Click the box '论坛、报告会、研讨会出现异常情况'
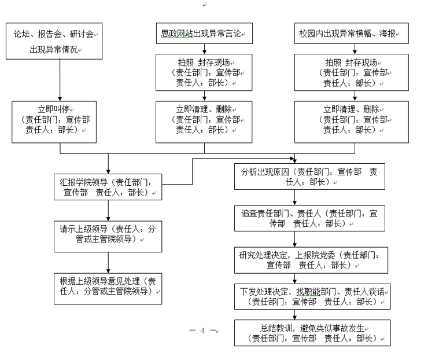[55, 41]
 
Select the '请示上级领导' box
[108, 233]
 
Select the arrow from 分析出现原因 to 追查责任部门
[295, 197]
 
